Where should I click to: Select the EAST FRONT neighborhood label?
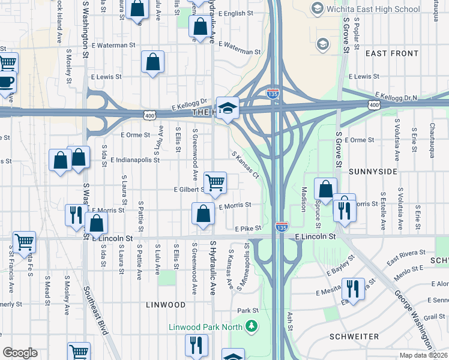click(x=392, y=53)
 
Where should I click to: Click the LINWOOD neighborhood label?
click(x=166, y=305)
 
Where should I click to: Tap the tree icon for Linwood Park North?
click(x=252, y=327)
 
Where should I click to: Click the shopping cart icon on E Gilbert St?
click(x=215, y=182)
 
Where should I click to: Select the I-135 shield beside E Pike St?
click(x=281, y=227)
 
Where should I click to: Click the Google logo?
click(x=20, y=352)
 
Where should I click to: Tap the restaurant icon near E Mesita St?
click(x=352, y=289)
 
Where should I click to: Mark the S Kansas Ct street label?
click(x=245, y=164)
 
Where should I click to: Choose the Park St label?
click(x=247, y=310)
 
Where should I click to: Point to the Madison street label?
click(x=304, y=198)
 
